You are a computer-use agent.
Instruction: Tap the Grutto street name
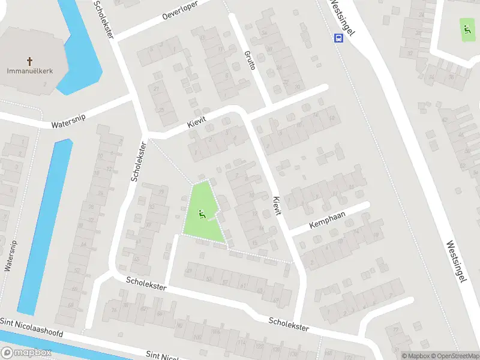click(x=250, y=59)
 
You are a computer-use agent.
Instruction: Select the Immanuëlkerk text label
click(x=30, y=71)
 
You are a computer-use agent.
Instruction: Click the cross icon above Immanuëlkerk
click(x=30, y=61)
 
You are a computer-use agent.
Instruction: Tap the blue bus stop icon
click(x=339, y=38)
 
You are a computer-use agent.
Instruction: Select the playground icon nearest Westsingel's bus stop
click(x=466, y=28)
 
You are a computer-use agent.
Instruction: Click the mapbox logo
click(x=26, y=353)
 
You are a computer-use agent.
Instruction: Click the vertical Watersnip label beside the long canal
click(x=10, y=256)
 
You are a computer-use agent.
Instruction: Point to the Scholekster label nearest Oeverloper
click(x=104, y=19)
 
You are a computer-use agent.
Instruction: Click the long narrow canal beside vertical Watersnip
click(x=43, y=228)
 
